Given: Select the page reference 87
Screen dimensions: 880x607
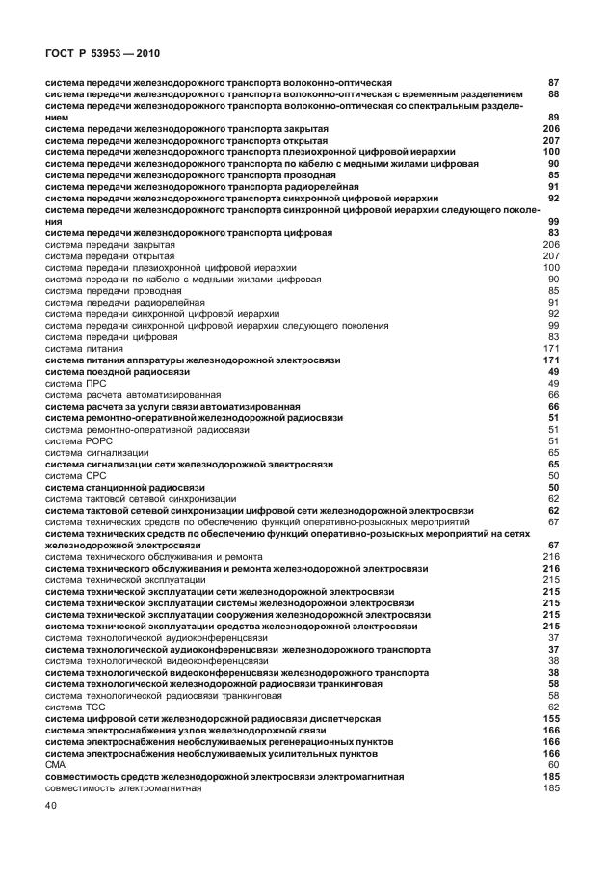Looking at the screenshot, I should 553,83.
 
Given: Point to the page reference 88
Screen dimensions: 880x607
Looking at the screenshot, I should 553,94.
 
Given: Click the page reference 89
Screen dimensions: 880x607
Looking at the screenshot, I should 553,117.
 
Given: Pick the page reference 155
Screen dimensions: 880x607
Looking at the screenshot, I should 551,718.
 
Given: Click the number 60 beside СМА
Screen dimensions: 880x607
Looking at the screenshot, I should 553,764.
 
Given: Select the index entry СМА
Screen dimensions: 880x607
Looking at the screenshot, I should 56,764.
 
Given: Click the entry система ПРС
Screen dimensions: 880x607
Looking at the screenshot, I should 76,383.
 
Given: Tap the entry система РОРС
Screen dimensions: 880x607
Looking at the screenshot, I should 80,440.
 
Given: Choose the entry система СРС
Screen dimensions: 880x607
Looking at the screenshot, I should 77,475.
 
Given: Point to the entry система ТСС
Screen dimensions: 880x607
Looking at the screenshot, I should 76,707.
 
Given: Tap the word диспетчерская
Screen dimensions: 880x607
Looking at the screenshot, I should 350,718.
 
